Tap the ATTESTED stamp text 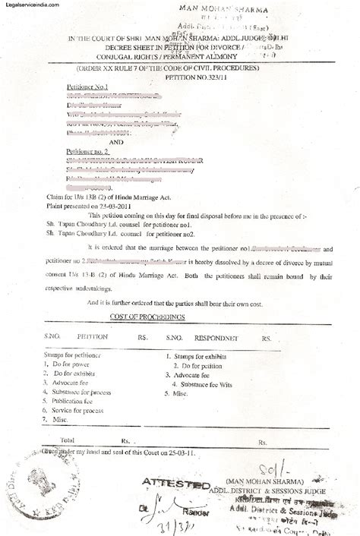pyautogui.click(x=174, y=483)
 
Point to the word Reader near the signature pyautogui.click(x=187, y=504)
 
